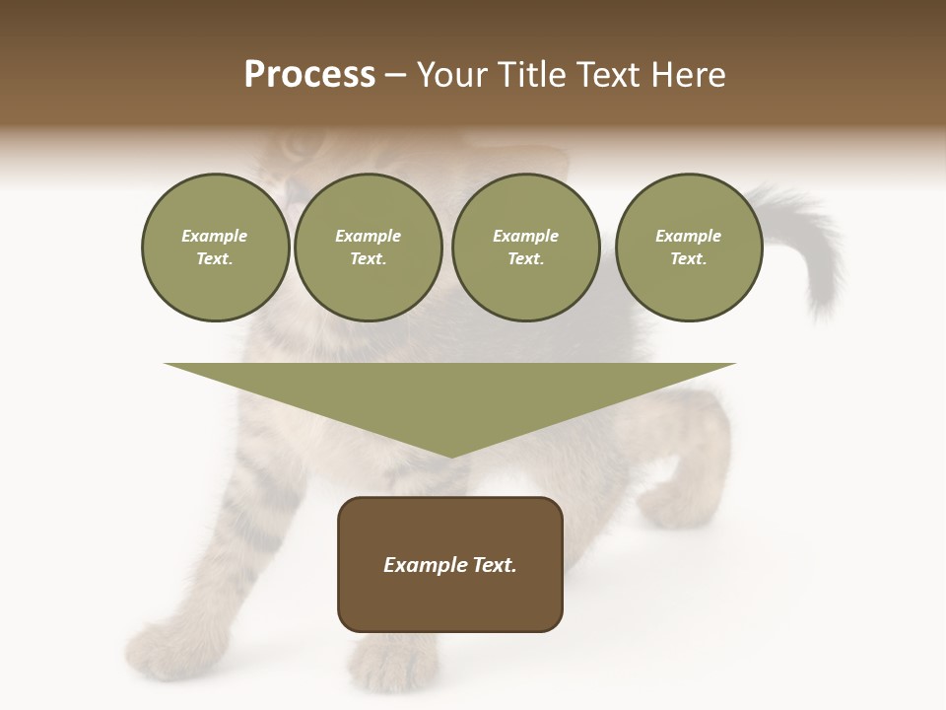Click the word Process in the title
click(309, 74)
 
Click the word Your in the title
click(452, 74)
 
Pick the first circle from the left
click(215, 248)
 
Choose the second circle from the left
click(368, 248)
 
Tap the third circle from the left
click(525, 248)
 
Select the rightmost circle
click(688, 248)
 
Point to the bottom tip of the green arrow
click(451, 456)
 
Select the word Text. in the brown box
click(493, 565)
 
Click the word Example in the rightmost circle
click(688, 236)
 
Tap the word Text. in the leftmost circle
click(215, 259)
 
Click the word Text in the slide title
click(608, 74)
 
